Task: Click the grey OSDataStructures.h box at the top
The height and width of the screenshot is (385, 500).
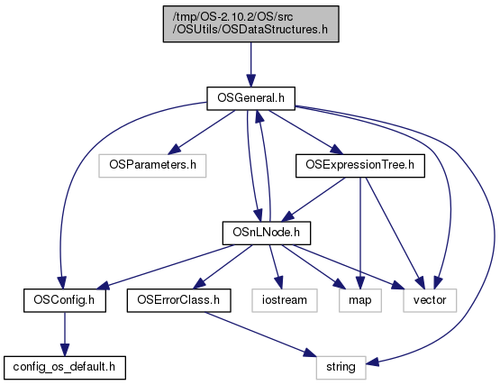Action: (x=251, y=23)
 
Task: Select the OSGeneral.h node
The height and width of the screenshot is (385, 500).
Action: (x=251, y=98)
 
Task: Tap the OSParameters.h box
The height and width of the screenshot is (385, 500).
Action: (x=152, y=166)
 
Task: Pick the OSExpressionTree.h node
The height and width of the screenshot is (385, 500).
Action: (x=360, y=166)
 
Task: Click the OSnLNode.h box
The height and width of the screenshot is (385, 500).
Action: (x=267, y=233)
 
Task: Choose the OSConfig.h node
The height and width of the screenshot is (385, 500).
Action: (x=65, y=300)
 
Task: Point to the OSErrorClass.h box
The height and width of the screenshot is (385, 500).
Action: (x=179, y=300)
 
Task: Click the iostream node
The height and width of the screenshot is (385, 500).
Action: (x=285, y=300)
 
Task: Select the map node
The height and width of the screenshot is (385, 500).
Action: (x=360, y=300)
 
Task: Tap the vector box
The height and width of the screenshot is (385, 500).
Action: (x=430, y=300)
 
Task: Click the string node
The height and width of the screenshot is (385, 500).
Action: (x=341, y=368)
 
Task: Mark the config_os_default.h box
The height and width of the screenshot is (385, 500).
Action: (x=65, y=368)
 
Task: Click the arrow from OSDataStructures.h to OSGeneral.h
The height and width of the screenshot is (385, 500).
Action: (x=251, y=65)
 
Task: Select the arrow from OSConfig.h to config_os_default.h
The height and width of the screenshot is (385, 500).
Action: (x=65, y=335)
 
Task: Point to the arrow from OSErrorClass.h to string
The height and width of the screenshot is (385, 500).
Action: (x=259, y=335)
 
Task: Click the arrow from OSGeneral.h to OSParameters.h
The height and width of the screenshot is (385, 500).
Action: (x=202, y=133)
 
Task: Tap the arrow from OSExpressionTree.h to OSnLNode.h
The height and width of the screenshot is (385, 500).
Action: (x=314, y=199)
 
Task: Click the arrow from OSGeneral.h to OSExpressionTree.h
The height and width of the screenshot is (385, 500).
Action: (x=305, y=133)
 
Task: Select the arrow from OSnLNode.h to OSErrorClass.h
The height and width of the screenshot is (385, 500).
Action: (x=223, y=267)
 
